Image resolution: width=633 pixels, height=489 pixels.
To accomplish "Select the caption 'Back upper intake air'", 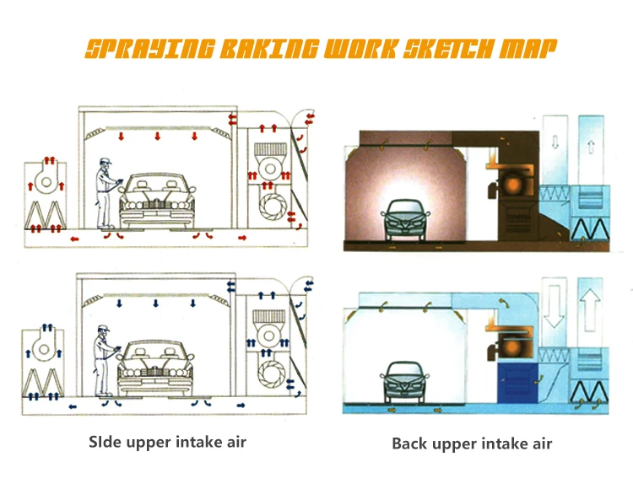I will (x=472, y=443).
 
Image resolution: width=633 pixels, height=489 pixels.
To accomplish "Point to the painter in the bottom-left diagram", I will (x=105, y=361).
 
